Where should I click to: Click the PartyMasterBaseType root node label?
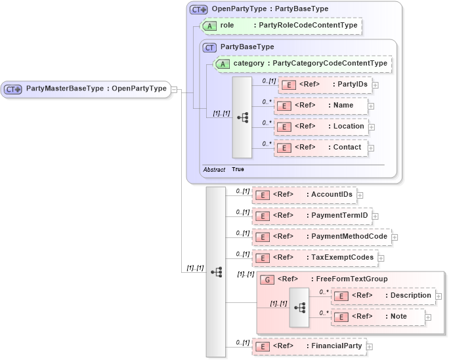pyautogui.click(x=96, y=89)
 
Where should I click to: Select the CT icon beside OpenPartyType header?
pyautogui.click(x=198, y=9)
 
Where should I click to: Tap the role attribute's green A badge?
pyautogui.click(x=209, y=26)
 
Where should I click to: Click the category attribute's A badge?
pyautogui.click(x=223, y=64)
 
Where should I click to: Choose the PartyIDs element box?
pyautogui.click(x=325, y=85)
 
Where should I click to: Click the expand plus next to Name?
pyautogui.click(x=371, y=106)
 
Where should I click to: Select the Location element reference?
pyautogui.click(x=321, y=127)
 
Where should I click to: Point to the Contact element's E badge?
pyautogui.click(x=284, y=148)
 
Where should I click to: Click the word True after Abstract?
pyautogui.click(x=238, y=169)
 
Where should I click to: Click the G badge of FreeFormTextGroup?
pyautogui.click(x=267, y=279)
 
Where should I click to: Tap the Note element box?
pyautogui.click(x=377, y=317)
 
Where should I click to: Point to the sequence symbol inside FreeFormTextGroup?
pyautogui.click(x=299, y=307)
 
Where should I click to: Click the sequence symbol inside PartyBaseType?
pyautogui.click(x=242, y=118)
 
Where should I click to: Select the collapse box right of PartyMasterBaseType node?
pyautogui.click(x=175, y=89)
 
